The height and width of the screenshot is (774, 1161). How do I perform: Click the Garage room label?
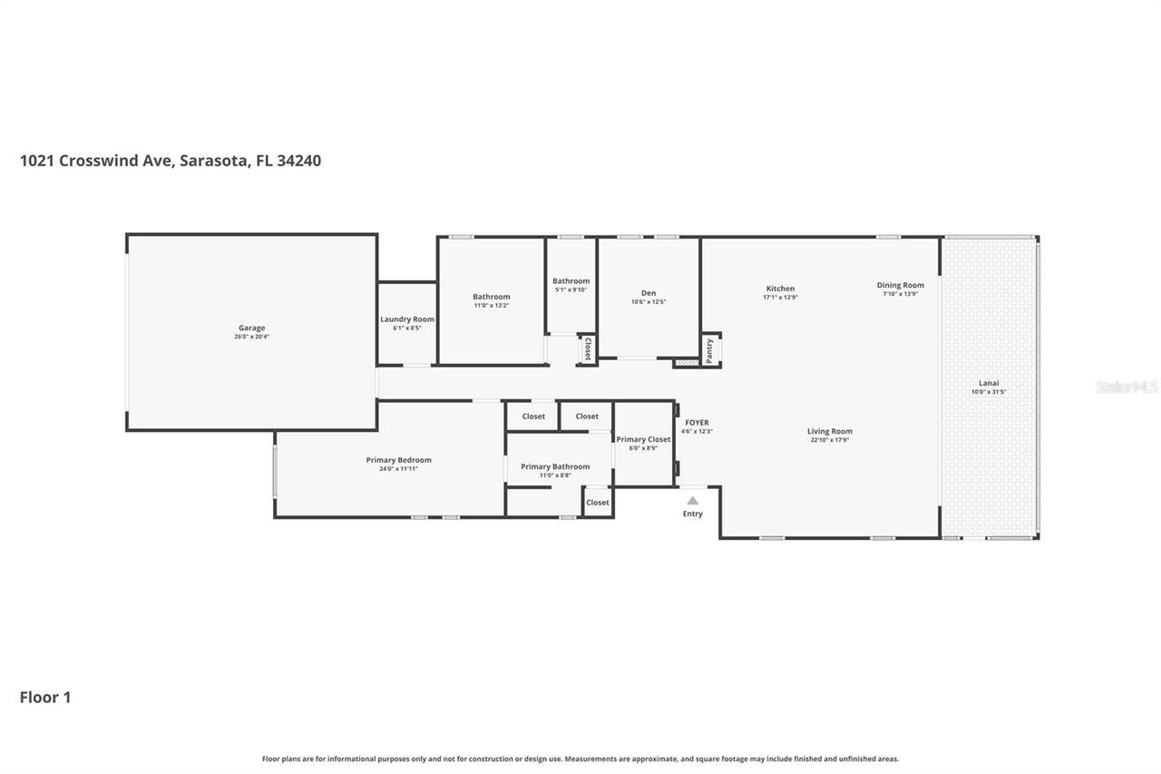251,328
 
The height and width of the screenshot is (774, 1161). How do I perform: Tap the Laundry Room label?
407,319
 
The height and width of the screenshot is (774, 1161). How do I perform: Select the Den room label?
649,293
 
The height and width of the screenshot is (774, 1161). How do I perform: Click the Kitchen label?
780,289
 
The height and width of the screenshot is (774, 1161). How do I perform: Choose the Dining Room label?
900,285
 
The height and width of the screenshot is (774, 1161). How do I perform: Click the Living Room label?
830,432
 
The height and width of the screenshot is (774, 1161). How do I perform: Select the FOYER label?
697,423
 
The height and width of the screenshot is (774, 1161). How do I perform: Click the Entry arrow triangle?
692,500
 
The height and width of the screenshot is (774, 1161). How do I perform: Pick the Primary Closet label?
643,439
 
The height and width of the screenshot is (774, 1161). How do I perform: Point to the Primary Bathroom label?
555,466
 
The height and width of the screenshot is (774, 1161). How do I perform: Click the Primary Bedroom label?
399,460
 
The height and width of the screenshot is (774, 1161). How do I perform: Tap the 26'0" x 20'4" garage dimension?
251,337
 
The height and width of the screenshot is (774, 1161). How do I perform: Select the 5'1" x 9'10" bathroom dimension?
571,289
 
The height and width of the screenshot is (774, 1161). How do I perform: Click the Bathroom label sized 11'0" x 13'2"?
491,297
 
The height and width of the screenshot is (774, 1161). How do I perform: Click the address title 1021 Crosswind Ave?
171,161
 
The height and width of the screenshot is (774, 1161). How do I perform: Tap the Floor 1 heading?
45,697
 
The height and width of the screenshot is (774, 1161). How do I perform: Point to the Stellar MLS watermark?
1127,387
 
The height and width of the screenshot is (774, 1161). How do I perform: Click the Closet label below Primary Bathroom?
598,503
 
